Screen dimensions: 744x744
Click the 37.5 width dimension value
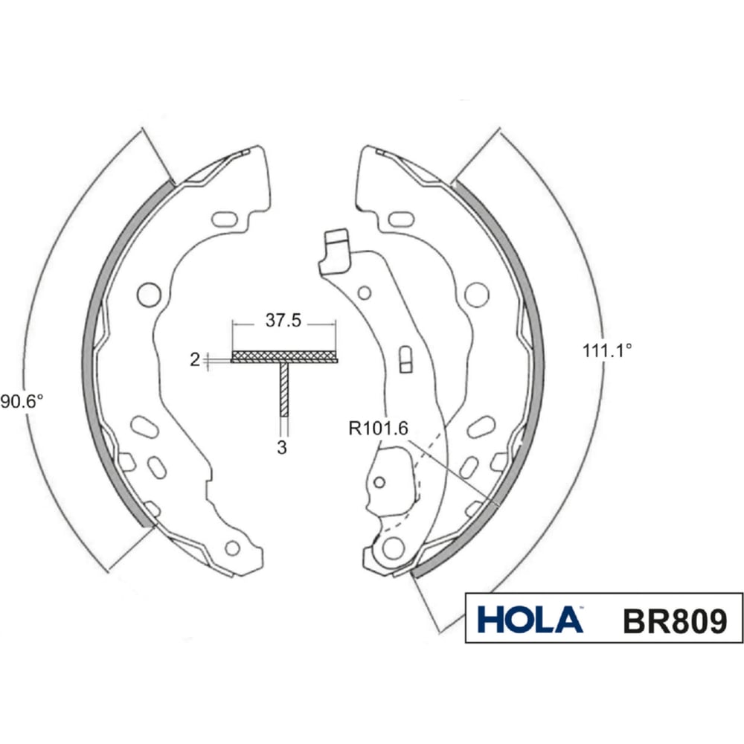283,321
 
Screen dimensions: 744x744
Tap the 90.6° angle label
22,402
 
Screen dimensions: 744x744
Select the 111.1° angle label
607,351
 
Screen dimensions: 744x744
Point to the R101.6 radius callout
378,429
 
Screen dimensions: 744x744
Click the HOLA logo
530,620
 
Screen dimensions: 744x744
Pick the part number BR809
674,620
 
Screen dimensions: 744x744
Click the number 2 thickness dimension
194,360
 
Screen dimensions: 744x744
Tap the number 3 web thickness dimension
282,447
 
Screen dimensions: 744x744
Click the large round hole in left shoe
149,294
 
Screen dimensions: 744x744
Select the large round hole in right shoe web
476,294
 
